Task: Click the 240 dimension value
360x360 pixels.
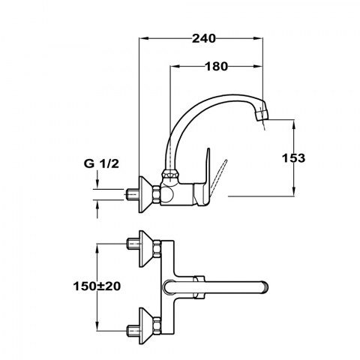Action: [203, 38]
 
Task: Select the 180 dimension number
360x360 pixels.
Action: [216, 67]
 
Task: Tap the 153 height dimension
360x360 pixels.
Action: [293, 158]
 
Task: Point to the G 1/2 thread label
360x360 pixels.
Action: [101, 164]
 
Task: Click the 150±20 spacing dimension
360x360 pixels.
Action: [97, 286]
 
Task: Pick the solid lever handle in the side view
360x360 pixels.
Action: [203, 178]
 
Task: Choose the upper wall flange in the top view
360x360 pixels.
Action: [146, 248]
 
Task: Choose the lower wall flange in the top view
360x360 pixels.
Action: [146, 325]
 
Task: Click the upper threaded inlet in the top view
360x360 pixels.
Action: [133, 243]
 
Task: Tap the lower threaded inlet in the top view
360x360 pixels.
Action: [133, 329]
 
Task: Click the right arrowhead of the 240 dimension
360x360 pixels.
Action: [258, 38]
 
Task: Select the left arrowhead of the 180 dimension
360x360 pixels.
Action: [175, 67]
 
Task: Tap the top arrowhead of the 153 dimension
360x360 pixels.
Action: [294, 124]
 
